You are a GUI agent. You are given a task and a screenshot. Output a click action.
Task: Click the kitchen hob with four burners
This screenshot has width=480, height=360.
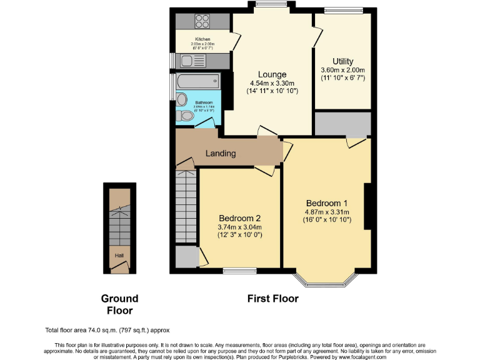(202, 21)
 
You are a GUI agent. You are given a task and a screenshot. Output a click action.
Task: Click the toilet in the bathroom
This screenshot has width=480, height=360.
(186, 116)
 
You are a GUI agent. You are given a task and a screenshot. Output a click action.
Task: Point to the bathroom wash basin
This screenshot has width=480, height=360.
(182, 99)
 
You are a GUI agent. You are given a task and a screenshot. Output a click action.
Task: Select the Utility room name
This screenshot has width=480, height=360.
(342, 61)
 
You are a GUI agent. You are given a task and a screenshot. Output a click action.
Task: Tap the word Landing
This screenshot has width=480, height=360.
(221, 153)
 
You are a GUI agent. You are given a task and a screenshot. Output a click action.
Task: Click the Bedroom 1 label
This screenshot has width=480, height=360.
(326, 203)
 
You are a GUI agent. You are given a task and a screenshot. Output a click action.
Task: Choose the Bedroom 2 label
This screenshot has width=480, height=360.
(239, 218)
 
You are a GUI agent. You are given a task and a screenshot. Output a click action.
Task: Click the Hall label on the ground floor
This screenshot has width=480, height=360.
(118, 256)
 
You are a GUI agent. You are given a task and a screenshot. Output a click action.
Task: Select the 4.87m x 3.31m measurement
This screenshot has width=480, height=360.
(326, 212)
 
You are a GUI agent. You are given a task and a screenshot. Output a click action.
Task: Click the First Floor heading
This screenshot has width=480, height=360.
(272, 299)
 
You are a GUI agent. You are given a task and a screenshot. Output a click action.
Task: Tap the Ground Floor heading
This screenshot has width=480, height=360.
(119, 304)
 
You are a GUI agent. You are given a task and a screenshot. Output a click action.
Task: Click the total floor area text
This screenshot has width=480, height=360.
(107, 330)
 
